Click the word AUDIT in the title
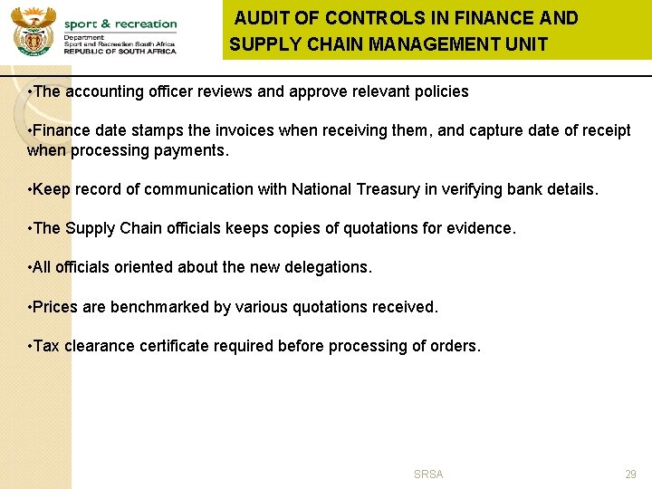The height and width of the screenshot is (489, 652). click(x=263, y=18)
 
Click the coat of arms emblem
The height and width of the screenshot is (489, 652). click(x=34, y=31)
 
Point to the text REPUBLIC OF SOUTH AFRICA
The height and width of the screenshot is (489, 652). click(x=120, y=53)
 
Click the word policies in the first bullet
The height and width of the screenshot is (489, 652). click(x=439, y=91)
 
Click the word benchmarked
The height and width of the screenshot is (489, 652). click(x=159, y=307)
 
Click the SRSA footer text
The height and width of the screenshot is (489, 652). click(x=428, y=475)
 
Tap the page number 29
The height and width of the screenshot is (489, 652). click(x=630, y=475)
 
